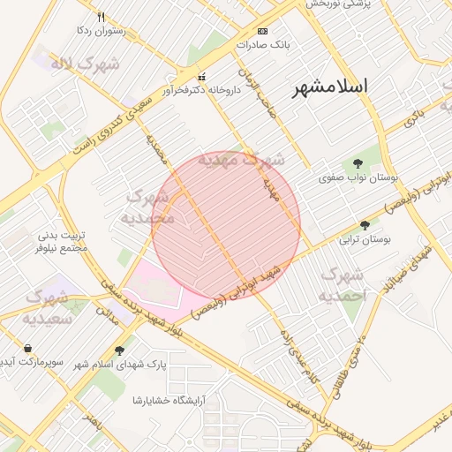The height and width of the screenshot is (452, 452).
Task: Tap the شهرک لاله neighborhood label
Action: click(x=72, y=64)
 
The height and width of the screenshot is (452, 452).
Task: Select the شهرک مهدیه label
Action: click(x=241, y=161)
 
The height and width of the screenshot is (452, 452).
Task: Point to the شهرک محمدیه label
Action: click(x=149, y=207)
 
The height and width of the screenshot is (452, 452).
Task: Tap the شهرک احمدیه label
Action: click(x=343, y=283)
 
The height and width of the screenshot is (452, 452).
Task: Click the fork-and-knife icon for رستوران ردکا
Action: click(x=102, y=17)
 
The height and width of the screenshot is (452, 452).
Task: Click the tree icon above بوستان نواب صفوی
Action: click(x=358, y=163)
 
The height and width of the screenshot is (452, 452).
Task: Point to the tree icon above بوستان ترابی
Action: click(x=365, y=225)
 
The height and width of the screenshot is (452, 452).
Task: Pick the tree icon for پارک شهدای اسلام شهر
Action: click(x=119, y=350)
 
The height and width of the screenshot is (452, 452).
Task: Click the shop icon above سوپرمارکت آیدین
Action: click(x=30, y=349)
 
